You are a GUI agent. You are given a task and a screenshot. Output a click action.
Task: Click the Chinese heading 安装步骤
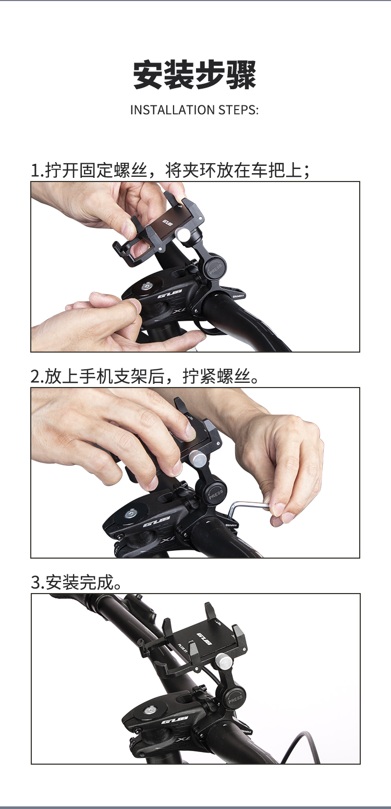tap(194, 75)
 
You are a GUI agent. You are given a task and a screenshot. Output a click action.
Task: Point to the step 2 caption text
tap(145, 376)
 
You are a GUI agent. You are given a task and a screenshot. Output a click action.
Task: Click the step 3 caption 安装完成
tap(76, 582)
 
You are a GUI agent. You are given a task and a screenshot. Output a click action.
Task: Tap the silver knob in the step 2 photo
tap(197, 460)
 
